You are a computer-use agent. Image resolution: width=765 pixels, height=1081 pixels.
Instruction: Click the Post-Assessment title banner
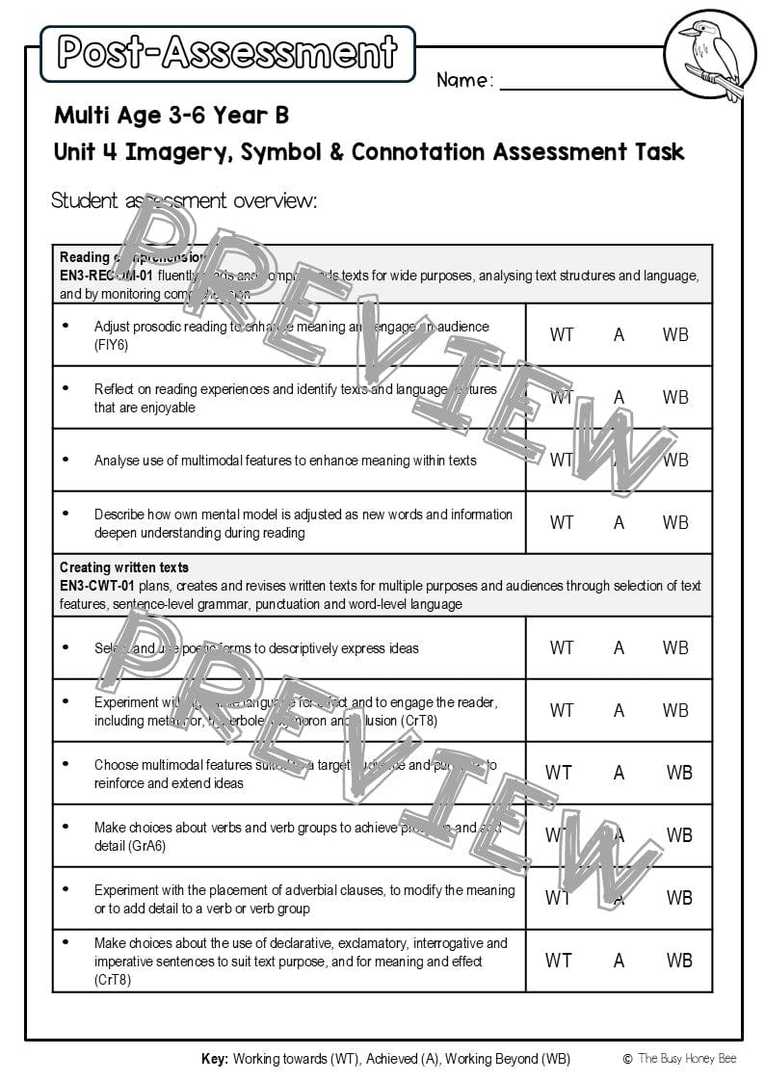pos(227,53)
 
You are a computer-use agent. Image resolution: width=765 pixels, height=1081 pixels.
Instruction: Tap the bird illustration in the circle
pos(710,56)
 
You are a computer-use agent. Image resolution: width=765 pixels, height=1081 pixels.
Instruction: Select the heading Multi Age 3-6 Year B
pos(171,117)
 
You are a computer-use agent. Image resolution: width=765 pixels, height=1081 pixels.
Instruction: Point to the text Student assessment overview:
pos(184,200)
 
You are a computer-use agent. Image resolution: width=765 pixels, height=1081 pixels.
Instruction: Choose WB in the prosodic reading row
pos(675,334)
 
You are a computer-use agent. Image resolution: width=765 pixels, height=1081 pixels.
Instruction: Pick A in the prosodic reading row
pos(619,334)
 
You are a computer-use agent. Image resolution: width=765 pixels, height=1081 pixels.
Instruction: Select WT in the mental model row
pos(562,522)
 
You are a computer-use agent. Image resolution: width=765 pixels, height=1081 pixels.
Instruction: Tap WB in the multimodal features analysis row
pos(675,460)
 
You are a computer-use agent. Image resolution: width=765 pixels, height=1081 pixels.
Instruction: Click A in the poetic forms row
pos(619,647)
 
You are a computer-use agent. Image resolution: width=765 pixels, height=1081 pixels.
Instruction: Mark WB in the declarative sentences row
pos(679,960)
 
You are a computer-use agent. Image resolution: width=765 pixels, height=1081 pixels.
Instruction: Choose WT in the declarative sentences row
pos(558,960)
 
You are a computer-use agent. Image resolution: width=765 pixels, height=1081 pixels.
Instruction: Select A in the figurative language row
pos(619,710)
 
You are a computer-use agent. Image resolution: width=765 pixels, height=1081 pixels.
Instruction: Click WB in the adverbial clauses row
pos(679,897)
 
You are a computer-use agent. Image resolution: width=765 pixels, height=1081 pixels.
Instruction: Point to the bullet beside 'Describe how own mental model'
pos(66,514)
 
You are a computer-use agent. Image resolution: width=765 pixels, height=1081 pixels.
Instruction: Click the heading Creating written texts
pos(124,567)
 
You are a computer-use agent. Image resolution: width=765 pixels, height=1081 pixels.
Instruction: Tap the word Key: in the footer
pos(215,1059)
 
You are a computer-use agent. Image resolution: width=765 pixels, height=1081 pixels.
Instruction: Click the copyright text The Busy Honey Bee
pos(687,1059)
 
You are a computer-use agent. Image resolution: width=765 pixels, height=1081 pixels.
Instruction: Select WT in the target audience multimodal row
pos(558,772)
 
